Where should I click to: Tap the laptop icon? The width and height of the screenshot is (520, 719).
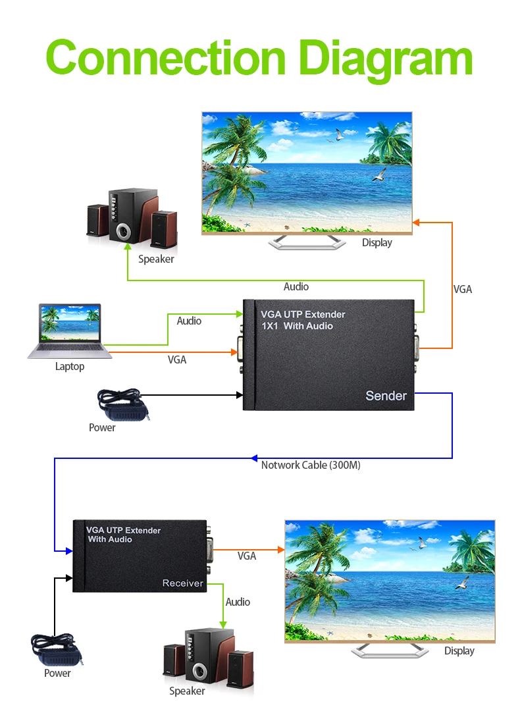pos(70,331)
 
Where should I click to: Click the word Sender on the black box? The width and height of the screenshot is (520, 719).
pos(386,396)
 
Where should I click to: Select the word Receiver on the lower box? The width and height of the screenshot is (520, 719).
pos(182,583)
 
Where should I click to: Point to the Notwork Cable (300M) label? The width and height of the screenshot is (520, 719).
pos(311,465)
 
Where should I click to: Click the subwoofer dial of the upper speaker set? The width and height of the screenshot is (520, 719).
pos(124,231)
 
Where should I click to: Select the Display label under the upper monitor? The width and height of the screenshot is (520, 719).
pos(377,242)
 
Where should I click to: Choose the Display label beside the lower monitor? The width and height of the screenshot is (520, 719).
pos(459,651)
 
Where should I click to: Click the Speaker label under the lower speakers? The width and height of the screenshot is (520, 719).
pos(187,691)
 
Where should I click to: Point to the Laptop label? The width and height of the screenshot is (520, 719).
pos(70,366)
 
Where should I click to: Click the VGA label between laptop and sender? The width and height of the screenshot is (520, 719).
pos(177,359)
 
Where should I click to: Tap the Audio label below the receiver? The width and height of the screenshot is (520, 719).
pos(238,602)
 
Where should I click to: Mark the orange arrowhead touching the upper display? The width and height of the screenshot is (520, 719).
pos(416,223)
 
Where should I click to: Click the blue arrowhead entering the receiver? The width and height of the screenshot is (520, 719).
pos(69,551)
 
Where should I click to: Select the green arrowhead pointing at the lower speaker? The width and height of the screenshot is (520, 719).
pos(223,625)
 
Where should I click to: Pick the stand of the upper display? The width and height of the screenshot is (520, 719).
pos(307,242)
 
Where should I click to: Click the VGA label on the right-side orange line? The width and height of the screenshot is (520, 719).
pos(462,289)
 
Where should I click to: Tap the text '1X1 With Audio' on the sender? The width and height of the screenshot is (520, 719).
pos(297,326)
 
